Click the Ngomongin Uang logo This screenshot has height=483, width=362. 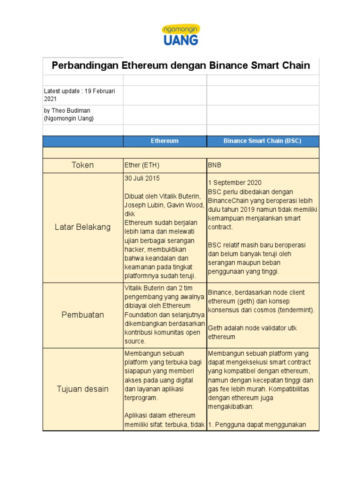[x=181, y=35]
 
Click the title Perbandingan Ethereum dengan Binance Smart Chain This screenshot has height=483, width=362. [x=181, y=66]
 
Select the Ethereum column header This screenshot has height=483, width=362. [x=165, y=141]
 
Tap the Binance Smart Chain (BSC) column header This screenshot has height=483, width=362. [x=263, y=141]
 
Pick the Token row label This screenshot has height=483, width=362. [x=82, y=165]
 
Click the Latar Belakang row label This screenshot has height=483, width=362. [x=82, y=227]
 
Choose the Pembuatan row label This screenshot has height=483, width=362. [x=82, y=315]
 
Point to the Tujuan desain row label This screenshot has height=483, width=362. [x=82, y=389]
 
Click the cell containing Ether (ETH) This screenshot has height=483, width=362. [x=142, y=165]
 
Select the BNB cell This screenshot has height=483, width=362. [x=215, y=165]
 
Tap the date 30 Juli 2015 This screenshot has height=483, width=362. [x=142, y=178]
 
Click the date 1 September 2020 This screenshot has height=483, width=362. [x=235, y=183]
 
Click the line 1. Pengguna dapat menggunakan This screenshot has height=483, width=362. [x=257, y=425]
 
